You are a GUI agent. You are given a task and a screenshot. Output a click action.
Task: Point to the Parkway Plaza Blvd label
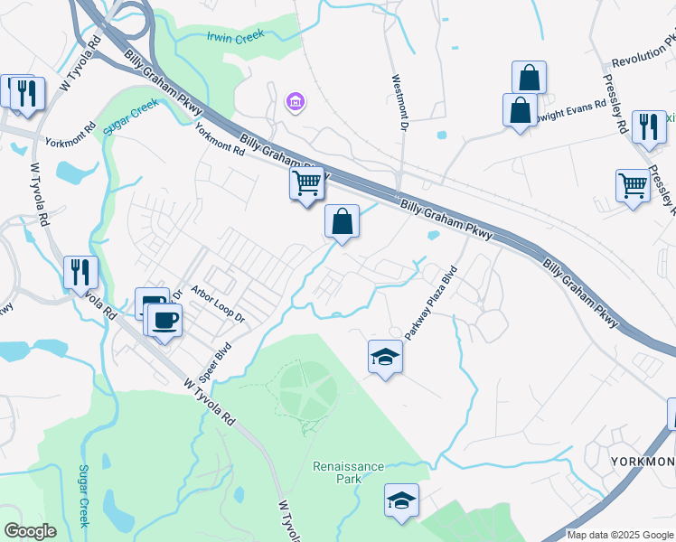(x=431, y=303)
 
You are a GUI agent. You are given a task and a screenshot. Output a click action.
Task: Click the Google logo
(x=30, y=530)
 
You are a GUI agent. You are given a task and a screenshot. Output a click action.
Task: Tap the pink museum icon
(x=295, y=103)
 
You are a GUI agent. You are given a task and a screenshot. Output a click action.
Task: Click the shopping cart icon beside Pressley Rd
(x=633, y=185)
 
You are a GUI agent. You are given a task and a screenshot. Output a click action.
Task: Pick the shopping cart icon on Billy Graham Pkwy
(x=307, y=182)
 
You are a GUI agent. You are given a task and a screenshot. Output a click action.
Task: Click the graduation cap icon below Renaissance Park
(x=402, y=500)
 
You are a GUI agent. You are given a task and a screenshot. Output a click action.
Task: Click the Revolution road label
(x=643, y=54)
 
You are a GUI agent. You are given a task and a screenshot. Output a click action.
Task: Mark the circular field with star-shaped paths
(x=308, y=392)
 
